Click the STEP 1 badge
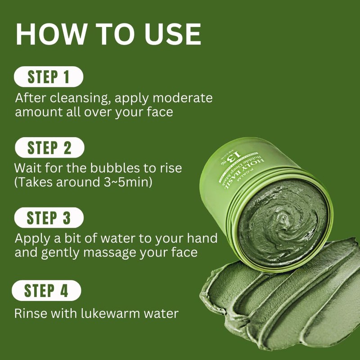[x=49, y=76]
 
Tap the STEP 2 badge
[x=49, y=148]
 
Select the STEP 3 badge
[x=49, y=218]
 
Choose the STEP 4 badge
[x=46, y=291]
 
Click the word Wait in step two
[x=27, y=169]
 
